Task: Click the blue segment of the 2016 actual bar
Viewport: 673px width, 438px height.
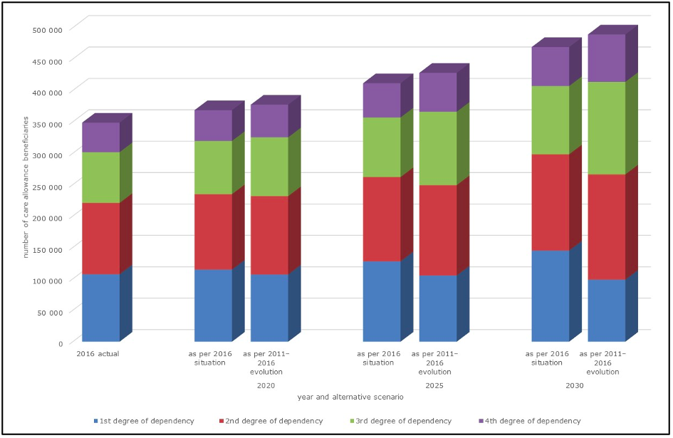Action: coord(100,308)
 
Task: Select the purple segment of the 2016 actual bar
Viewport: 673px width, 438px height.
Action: coord(100,137)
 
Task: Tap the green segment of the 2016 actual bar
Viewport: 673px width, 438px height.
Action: coord(100,177)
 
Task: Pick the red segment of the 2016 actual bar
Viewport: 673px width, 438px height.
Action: coord(100,239)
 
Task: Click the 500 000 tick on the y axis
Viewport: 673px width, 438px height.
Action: coord(48,29)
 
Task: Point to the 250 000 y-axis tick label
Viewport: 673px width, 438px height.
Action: coord(48,186)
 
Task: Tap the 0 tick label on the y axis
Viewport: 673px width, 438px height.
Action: coord(60,343)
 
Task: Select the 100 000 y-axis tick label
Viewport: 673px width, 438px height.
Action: coord(48,280)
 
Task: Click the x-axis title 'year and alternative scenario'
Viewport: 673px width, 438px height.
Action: coord(350,396)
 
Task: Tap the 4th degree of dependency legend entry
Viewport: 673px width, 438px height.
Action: coord(527,421)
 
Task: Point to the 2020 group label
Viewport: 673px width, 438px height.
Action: coord(266,385)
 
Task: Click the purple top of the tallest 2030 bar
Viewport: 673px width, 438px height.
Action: coord(606,58)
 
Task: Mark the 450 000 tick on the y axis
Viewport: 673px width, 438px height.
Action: coord(48,61)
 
